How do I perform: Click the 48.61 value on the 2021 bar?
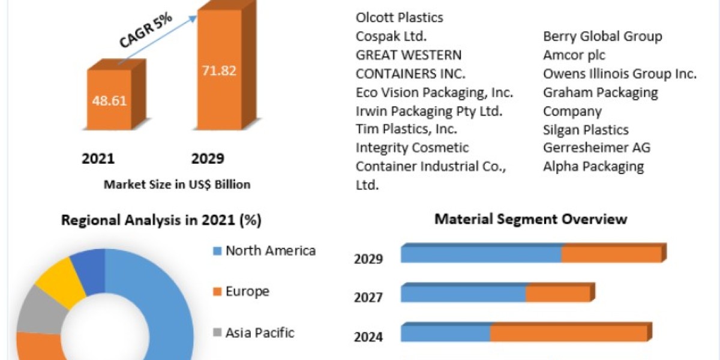click(x=109, y=101)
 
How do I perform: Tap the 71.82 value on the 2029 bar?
click(x=219, y=70)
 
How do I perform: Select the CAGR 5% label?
click(x=146, y=31)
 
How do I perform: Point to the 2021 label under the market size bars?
click(x=98, y=158)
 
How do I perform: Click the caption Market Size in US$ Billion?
click(x=177, y=185)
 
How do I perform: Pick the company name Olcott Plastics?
click(x=399, y=17)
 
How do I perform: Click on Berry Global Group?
click(x=602, y=37)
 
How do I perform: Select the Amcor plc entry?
click(x=574, y=55)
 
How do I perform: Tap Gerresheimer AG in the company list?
click(x=596, y=148)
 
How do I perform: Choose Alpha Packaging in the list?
click(x=593, y=167)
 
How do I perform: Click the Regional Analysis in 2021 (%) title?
click(x=161, y=220)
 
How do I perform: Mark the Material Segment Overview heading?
click(x=530, y=219)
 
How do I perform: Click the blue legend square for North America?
click(x=217, y=251)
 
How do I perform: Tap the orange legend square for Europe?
click(x=217, y=292)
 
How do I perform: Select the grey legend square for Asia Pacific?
click(x=217, y=332)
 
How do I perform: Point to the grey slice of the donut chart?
click(x=40, y=310)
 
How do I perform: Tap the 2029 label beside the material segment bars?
click(x=368, y=259)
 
